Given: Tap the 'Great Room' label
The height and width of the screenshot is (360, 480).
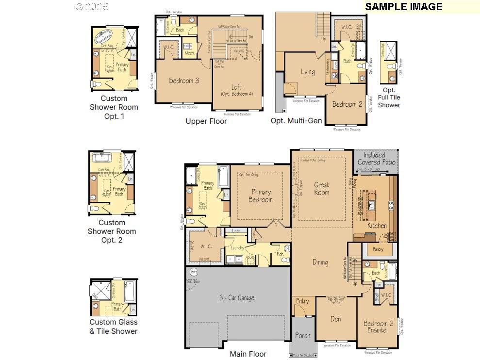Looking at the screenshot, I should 321,188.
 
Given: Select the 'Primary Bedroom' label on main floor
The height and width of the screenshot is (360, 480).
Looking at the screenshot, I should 260,196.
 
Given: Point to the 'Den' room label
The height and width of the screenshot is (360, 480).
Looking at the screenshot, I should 335,319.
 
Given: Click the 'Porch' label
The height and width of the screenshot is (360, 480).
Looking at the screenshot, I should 303,335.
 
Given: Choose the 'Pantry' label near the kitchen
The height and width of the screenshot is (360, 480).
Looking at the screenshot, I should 378,249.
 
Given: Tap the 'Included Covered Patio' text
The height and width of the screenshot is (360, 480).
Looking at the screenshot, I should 376,159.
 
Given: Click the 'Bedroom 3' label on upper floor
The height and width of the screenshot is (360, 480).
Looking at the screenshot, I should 184,81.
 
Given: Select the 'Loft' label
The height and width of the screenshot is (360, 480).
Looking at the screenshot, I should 236,87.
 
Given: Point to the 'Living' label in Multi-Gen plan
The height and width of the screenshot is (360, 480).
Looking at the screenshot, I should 307,72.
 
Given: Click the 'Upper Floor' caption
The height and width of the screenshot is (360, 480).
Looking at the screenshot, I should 206,121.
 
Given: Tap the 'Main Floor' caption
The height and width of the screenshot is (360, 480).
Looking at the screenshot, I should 248,354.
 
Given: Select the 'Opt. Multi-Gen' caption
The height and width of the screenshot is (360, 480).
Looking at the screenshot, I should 296,120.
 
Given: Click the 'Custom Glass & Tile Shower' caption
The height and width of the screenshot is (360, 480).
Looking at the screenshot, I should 113,327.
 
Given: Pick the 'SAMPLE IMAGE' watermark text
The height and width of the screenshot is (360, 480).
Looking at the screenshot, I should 403,6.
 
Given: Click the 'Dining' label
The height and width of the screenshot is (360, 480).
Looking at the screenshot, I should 320,262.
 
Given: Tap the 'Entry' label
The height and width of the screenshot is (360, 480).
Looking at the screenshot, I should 302,301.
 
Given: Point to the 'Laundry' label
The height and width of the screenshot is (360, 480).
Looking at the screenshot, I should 237,247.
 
